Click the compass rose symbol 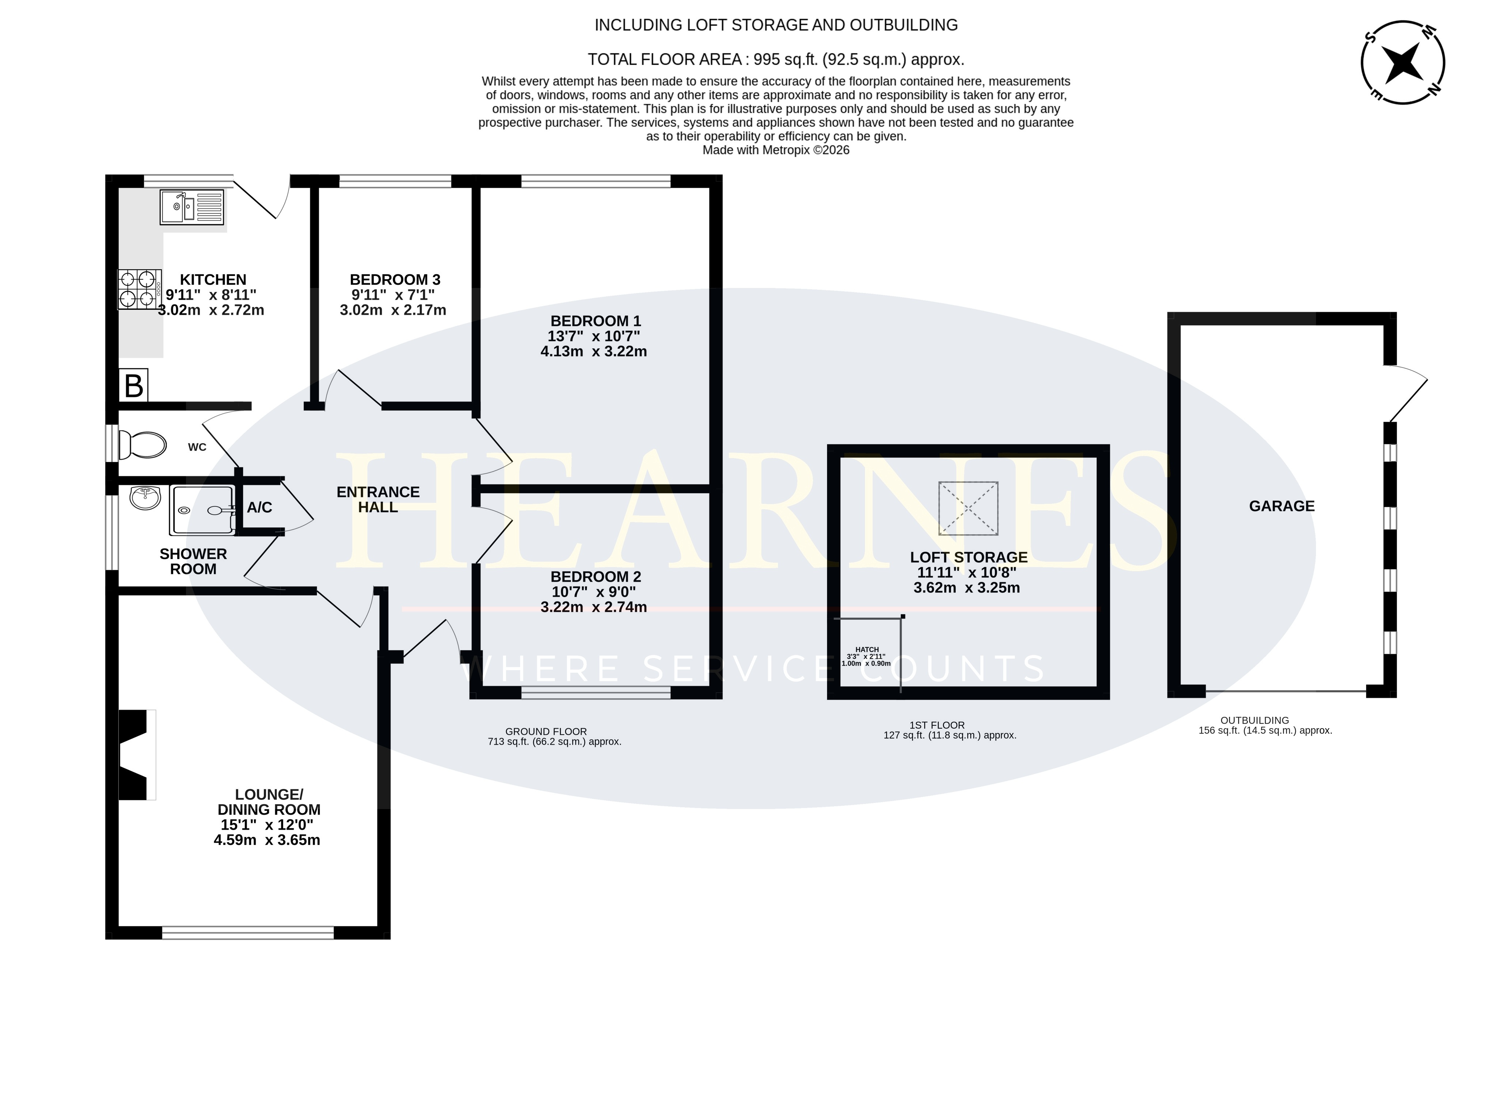(x=1403, y=62)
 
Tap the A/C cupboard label (x=259, y=507)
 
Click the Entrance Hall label (x=378, y=500)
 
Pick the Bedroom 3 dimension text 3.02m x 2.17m (x=393, y=310)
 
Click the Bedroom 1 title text (x=596, y=321)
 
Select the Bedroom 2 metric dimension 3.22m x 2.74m (x=593, y=607)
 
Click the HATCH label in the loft (x=867, y=649)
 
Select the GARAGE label (x=1282, y=506)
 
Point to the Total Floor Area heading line (x=775, y=60)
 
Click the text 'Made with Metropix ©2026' (x=775, y=150)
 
